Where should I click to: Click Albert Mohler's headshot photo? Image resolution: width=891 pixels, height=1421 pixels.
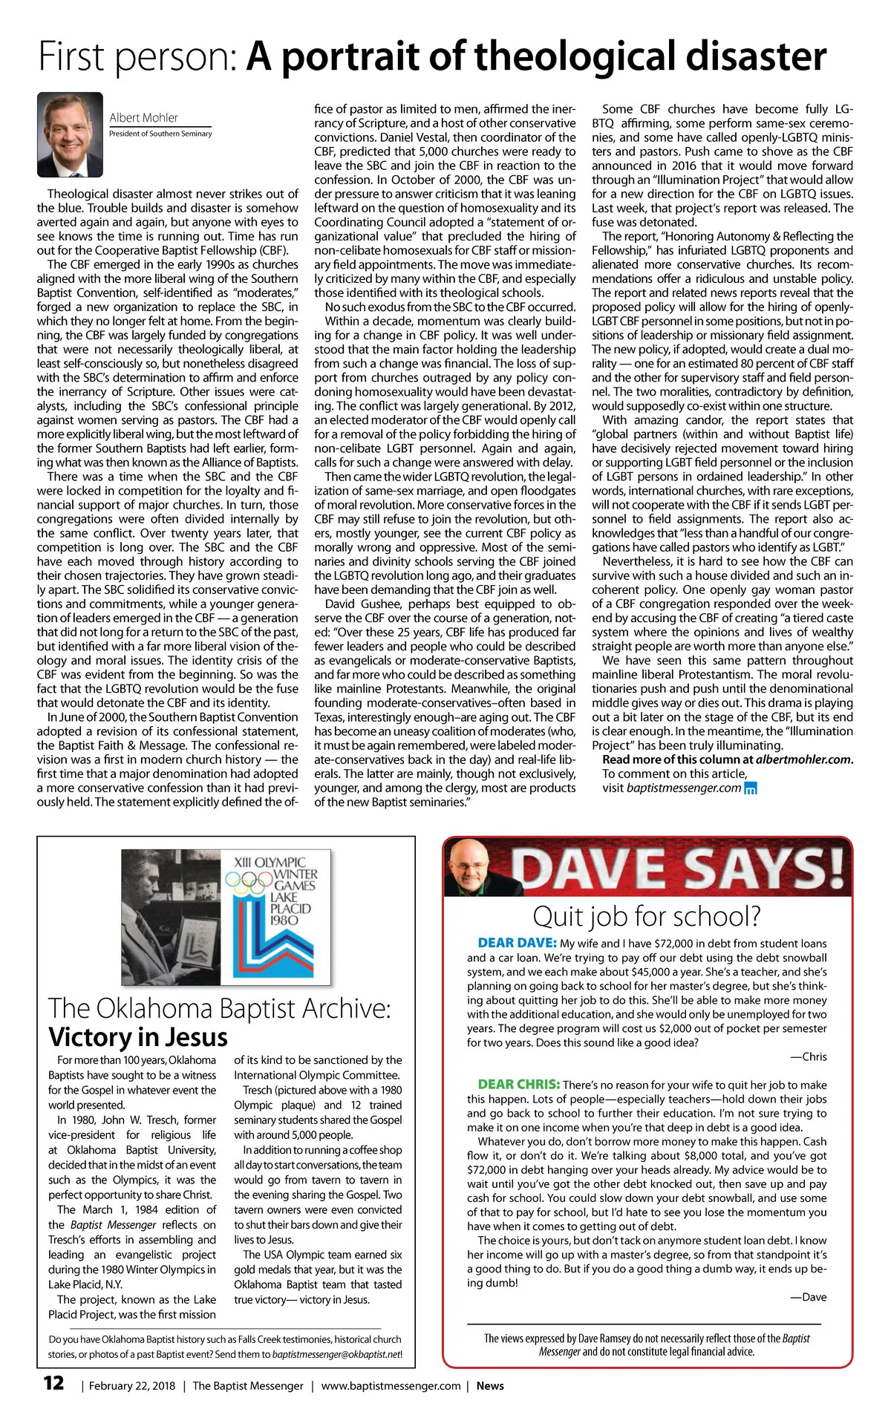coord(70,134)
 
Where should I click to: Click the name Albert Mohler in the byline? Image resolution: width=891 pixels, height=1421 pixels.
coord(143,117)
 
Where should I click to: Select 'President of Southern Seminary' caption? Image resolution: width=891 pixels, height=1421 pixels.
coord(160,134)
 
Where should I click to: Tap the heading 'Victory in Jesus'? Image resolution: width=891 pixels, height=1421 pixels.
coord(138,1036)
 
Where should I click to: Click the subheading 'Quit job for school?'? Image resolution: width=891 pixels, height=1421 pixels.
coord(647,916)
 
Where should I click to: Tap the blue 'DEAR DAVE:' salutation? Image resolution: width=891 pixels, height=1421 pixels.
coord(517,943)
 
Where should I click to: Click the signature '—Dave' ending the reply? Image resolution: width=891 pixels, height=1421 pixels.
coord(808,1297)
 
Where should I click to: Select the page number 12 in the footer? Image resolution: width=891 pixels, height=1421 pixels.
coord(53,1383)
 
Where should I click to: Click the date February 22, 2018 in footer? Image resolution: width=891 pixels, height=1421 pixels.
coord(132,1385)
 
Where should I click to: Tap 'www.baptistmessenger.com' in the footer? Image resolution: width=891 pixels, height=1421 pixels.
coord(391,1385)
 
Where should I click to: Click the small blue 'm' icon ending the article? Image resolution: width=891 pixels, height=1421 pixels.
coord(750,788)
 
